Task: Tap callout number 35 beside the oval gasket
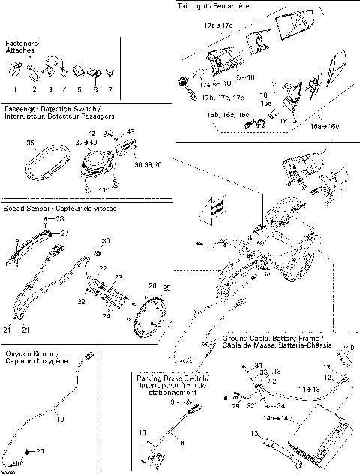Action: [x=29, y=141]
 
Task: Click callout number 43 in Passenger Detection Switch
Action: [x=130, y=132]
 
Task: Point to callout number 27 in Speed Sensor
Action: [x=64, y=233]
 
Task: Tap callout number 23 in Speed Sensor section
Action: [x=117, y=277]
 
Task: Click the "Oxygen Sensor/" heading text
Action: [x=33, y=353]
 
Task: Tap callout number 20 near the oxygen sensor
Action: [x=40, y=451]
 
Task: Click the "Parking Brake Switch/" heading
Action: [x=172, y=377]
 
